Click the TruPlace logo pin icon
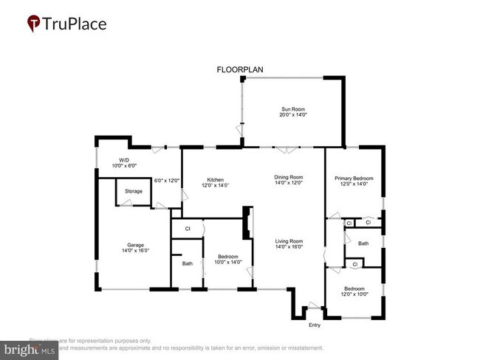click(33, 24)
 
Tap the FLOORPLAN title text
click(239, 70)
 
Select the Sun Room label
click(292, 108)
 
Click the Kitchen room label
click(216, 180)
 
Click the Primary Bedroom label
click(354, 179)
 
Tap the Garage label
click(134, 245)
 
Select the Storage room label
click(134, 191)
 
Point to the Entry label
click(315, 325)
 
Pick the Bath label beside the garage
click(187, 263)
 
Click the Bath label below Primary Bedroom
click(363, 243)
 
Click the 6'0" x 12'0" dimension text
click(166, 181)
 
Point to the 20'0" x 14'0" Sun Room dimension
click(292, 115)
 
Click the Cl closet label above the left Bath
click(188, 229)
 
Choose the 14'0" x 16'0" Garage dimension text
click(134, 251)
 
